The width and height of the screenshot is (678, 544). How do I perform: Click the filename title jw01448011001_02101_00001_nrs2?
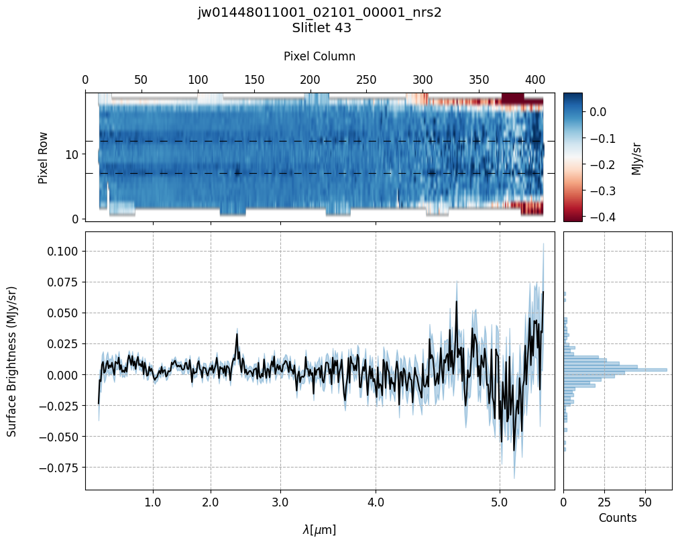[x=319, y=13]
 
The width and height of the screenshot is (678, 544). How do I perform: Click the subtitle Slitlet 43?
[x=321, y=28]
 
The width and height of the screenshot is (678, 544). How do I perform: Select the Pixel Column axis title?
[x=319, y=56]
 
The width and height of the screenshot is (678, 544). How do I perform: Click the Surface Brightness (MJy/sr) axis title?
[x=12, y=361]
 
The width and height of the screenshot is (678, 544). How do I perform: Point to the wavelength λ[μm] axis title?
[x=319, y=530]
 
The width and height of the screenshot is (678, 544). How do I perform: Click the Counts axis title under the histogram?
[x=617, y=518]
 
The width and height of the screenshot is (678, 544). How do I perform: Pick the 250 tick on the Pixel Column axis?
[x=366, y=80]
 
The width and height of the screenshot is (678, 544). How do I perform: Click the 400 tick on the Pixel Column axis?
[x=534, y=80]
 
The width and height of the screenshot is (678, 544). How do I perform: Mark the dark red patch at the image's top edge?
[x=512, y=98]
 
